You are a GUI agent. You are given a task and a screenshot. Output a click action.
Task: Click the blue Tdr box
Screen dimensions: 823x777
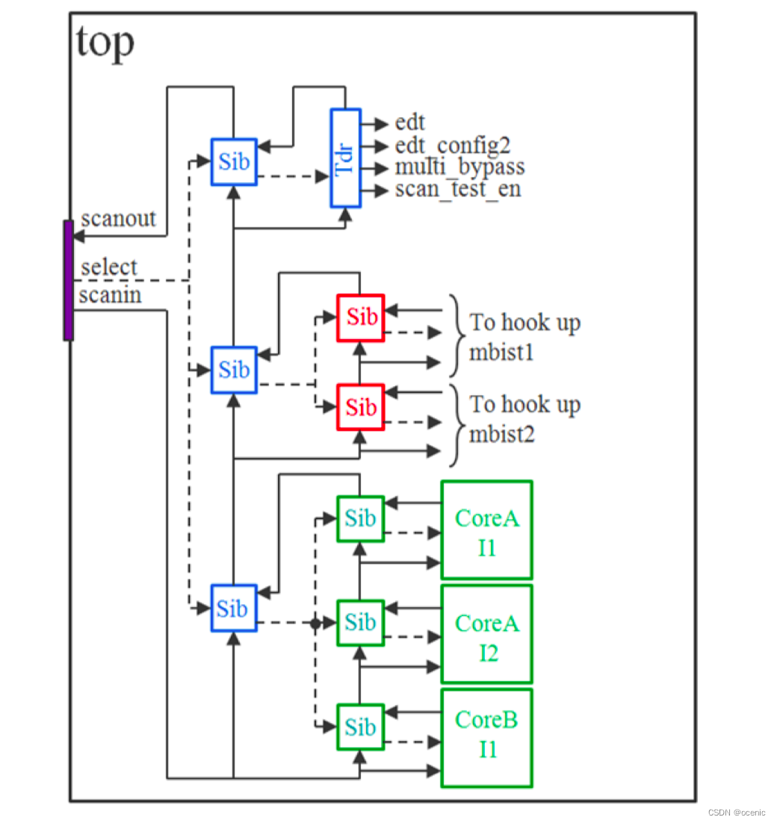pyautogui.click(x=345, y=158)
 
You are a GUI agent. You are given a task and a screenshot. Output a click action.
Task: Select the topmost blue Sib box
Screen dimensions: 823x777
pyautogui.click(x=234, y=161)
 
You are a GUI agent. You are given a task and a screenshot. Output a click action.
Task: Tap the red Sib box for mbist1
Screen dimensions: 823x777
pyautogui.click(x=361, y=317)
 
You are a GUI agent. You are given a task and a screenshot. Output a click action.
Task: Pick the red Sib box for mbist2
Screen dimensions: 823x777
pyautogui.click(x=361, y=407)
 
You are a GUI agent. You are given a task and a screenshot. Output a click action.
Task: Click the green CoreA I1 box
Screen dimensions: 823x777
pyautogui.click(x=486, y=529)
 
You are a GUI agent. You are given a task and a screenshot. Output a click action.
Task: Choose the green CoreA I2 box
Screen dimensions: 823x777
pyautogui.click(x=486, y=634)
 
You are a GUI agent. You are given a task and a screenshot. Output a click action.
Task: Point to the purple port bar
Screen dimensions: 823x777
pyautogui.click(x=68, y=280)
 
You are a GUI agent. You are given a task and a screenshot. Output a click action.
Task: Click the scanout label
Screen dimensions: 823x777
pyautogui.click(x=118, y=219)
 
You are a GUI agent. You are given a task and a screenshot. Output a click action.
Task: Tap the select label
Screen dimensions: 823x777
pyautogui.click(x=109, y=267)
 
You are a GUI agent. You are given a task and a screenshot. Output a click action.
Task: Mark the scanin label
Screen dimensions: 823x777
pyautogui.click(x=110, y=295)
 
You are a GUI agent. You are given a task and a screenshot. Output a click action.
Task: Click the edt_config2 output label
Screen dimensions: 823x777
pyautogui.click(x=453, y=145)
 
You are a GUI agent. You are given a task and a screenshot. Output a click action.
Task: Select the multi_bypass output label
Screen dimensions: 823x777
pyautogui.click(x=459, y=167)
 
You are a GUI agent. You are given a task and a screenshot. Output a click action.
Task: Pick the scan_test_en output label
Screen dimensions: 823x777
pyautogui.click(x=458, y=189)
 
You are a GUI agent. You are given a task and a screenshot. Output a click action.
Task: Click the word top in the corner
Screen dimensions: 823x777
pyautogui.click(x=105, y=43)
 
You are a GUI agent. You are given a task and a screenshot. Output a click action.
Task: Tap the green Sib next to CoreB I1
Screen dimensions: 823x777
pyautogui.click(x=361, y=727)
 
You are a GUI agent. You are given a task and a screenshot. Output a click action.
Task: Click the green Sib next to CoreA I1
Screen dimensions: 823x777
pyautogui.click(x=361, y=518)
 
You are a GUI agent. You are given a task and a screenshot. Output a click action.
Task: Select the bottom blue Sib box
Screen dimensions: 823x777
pyautogui.click(x=233, y=608)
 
